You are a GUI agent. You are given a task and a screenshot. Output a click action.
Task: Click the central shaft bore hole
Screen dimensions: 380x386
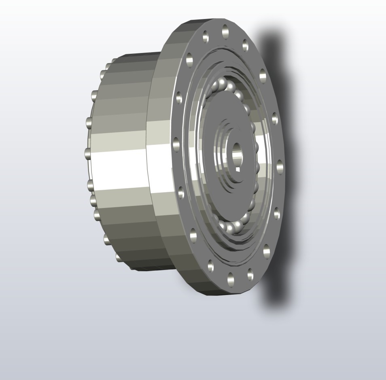click(x=236, y=151)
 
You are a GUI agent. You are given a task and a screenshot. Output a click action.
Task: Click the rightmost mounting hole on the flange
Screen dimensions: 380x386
click(x=280, y=166)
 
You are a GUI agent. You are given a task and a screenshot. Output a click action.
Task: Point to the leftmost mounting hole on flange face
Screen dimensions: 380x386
click(x=176, y=145)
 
